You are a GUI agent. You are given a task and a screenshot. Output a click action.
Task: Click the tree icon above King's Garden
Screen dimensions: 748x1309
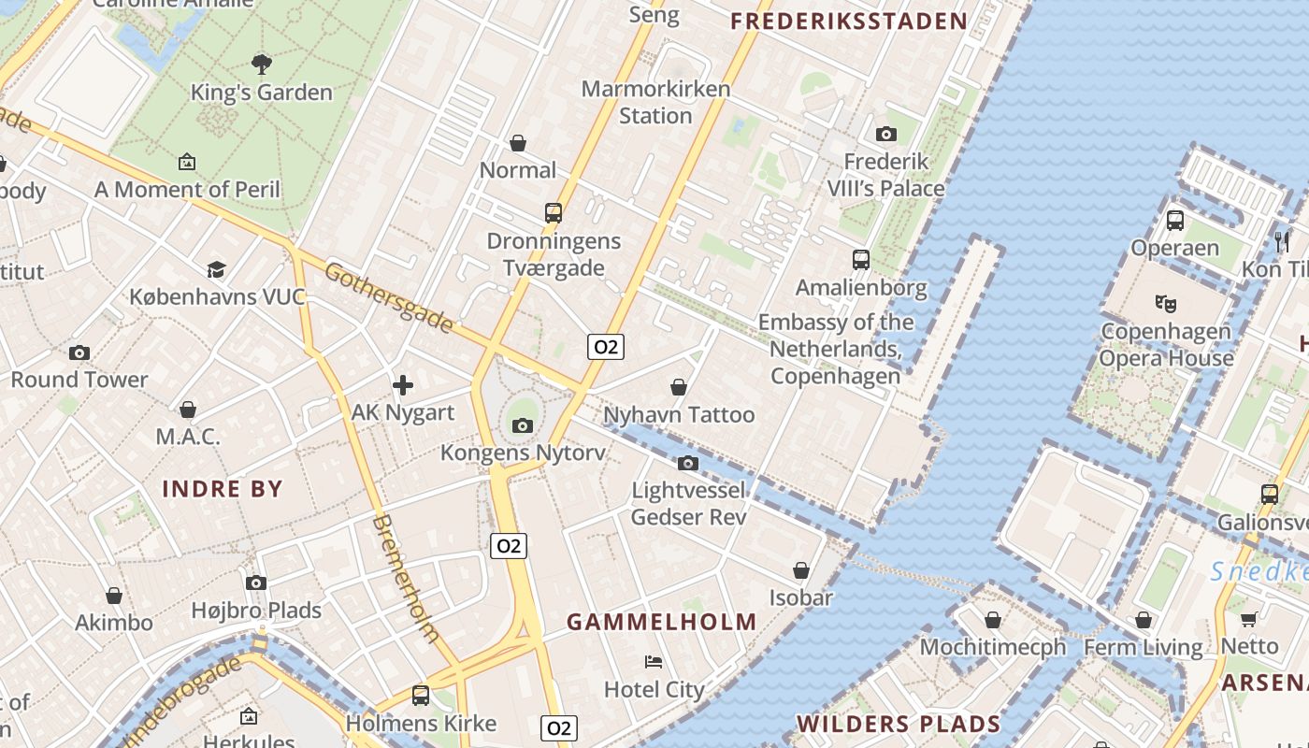[262, 64]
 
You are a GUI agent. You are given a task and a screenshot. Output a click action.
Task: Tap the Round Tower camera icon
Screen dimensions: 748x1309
[79, 352]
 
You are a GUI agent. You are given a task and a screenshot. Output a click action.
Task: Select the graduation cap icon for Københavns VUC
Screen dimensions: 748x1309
[217, 269]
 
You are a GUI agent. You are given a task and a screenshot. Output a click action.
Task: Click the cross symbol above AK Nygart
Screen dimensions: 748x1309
[403, 384]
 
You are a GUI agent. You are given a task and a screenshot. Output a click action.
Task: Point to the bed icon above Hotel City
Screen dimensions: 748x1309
[654, 662]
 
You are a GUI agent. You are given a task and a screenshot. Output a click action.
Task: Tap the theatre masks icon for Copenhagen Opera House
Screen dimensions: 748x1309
[1165, 303]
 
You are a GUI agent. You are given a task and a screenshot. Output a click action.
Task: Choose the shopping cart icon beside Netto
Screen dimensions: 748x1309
[1249, 618]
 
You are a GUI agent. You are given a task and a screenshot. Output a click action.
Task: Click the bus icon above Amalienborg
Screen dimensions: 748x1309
[861, 259]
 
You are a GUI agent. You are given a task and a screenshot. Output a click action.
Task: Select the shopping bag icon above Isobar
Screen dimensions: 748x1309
[801, 569]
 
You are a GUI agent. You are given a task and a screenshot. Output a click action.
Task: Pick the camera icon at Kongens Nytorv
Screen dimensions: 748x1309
[523, 426]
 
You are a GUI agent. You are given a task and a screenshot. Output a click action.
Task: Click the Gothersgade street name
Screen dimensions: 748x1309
[389, 297]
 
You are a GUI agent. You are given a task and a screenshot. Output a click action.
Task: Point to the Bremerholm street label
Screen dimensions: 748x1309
[407, 578]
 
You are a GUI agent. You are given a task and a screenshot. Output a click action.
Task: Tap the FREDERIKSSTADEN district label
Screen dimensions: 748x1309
[849, 22]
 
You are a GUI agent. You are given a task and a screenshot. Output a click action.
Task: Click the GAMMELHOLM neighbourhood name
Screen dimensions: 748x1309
[662, 622]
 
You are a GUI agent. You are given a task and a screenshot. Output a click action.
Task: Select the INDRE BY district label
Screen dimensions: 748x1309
[223, 488]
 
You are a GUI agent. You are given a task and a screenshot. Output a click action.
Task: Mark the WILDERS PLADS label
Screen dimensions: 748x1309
[899, 724]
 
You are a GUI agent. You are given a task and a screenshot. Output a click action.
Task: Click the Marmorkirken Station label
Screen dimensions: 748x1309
[654, 102]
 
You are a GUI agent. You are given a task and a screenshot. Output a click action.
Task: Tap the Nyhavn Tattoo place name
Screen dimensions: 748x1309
[679, 414]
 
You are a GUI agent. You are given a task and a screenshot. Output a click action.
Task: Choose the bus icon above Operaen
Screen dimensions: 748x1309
[1175, 221]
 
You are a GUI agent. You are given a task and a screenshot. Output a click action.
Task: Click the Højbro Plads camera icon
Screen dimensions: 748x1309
[256, 583]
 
